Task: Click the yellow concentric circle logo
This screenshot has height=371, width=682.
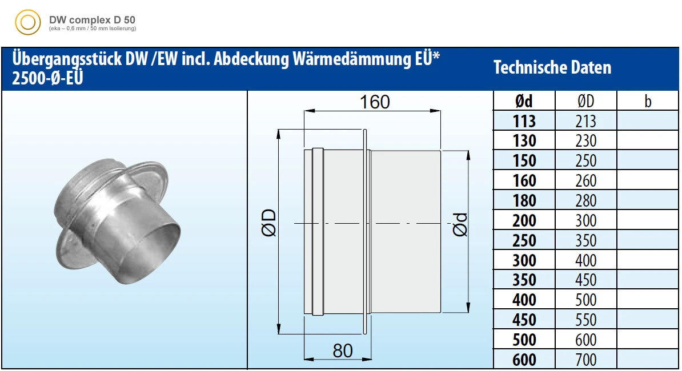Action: click(x=27, y=23)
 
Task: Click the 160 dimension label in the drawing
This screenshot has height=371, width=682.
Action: click(x=375, y=102)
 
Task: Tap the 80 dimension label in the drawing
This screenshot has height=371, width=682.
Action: click(x=343, y=350)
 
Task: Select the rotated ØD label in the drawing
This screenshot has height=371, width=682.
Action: click(x=269, y=223)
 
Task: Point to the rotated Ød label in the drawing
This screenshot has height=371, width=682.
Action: click(x=460, y=224)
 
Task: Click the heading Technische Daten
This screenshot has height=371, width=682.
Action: click(x=552, y=68)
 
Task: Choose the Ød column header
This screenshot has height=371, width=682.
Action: click(x=524, y=101)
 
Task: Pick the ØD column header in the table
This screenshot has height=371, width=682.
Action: click(x=585, y=101)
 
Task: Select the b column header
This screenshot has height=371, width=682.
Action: click(x=648, y=101)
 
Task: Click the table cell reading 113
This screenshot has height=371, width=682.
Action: click(x=524, y=121)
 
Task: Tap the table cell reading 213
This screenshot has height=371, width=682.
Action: click(x=585, y=121)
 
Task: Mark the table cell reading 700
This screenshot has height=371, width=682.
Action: click(x=585, y=360)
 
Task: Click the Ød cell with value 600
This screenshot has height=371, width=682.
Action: click(x=524, y=360)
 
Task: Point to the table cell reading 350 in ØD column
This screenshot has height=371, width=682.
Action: click(x=585, y=240)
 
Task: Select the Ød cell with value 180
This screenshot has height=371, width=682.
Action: click(x=524, y=200)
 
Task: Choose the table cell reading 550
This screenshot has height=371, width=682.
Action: click(x=585, y=320)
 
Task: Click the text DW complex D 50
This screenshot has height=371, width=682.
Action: click(x=92, y=19)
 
